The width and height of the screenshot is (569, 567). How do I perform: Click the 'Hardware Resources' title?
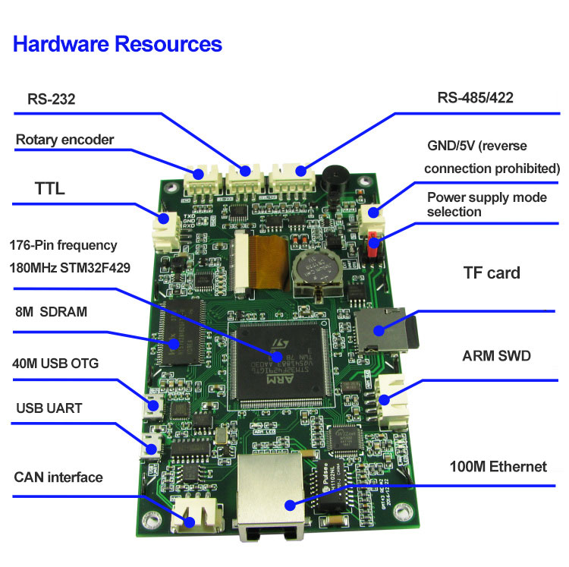coord(118,44)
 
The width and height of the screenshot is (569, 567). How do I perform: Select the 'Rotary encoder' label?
coord(64,140)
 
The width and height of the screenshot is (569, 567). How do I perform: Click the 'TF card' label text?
coord(492,272)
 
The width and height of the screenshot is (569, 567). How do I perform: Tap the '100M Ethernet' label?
coord(498,466)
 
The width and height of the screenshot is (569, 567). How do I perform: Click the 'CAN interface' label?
coord(58,477)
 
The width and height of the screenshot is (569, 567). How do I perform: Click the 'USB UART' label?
coord(49,408)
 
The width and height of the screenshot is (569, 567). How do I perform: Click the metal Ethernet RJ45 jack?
coord(269,497)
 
